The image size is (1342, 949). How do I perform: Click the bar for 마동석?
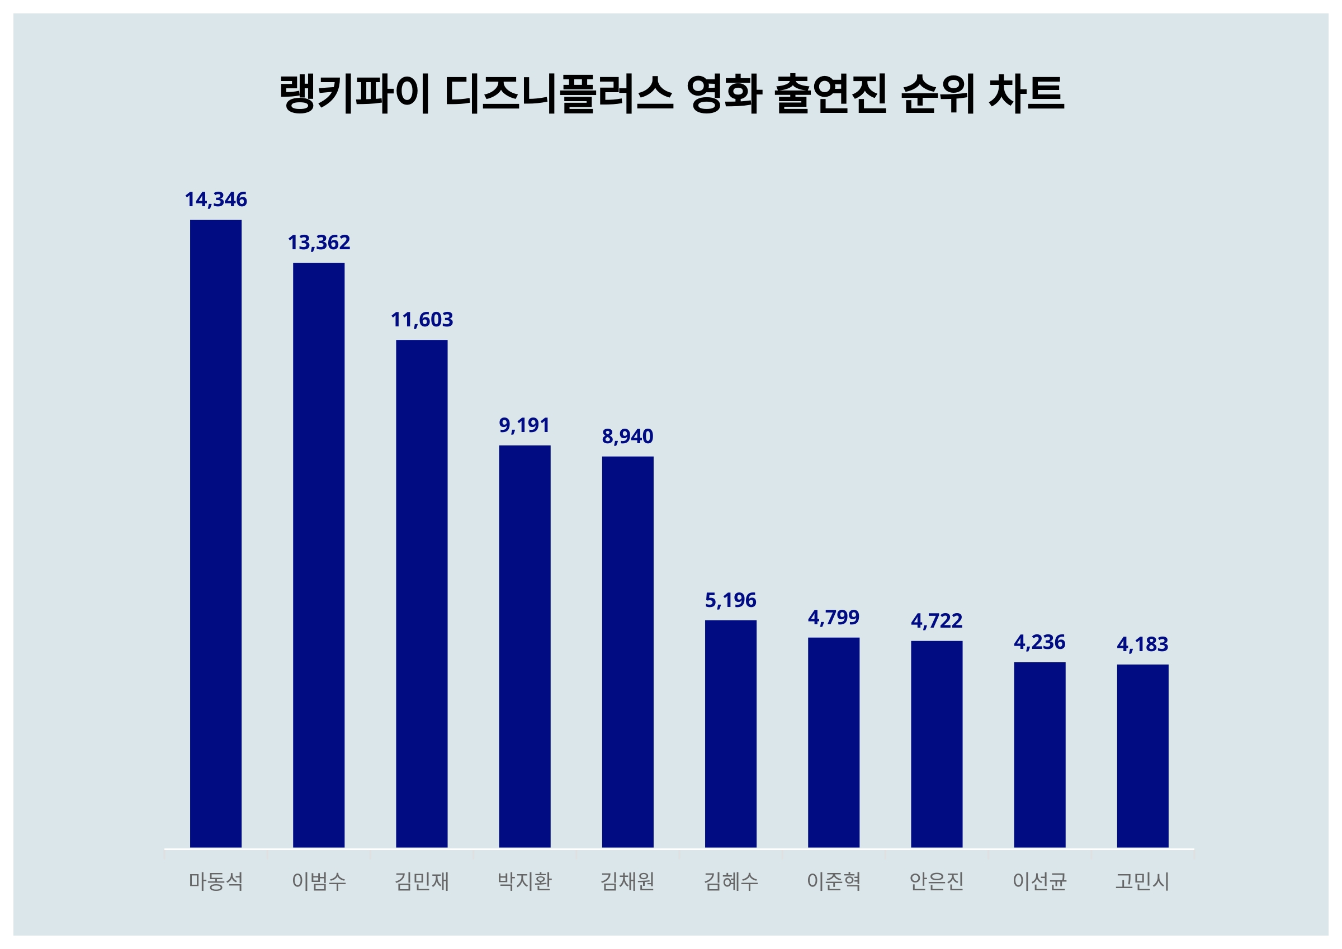(216, 533)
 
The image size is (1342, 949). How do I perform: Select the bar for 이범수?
(319, 554)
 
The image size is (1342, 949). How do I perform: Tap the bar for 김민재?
(422, 593)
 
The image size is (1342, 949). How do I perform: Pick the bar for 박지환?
(524, 646)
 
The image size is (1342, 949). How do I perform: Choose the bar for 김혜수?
(731, 733)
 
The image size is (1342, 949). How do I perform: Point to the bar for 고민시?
(1143, 756)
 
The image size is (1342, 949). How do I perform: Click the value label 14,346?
(216, 200)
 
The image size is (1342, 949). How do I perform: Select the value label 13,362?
(319, 243)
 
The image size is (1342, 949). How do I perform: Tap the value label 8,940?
(628, 436)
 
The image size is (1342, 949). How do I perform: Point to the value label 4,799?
(834, 618)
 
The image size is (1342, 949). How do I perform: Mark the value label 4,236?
(1039, 642)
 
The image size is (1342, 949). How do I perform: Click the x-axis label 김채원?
(628, 881)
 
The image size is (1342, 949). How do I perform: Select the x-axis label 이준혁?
(834, 881)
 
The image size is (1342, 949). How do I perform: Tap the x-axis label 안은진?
(937, 881)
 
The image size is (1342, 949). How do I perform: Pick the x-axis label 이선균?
(1039, 881)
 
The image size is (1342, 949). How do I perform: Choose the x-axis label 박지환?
(524, 881)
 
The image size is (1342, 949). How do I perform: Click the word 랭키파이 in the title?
(355, 93)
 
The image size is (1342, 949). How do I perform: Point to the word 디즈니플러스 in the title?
(559, 93)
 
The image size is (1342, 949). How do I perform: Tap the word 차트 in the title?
(1026, 93)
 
